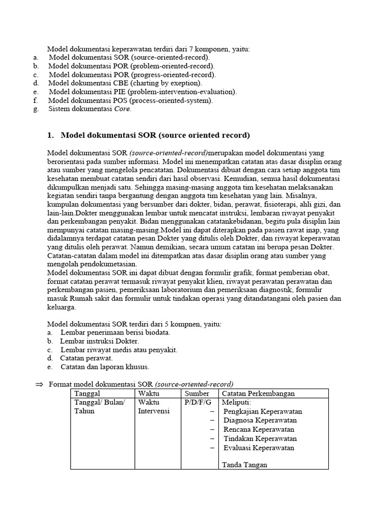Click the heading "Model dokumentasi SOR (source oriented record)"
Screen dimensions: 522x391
(155, 135)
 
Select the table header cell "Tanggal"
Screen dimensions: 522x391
(87, 394)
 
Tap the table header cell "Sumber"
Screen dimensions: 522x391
(197, 394)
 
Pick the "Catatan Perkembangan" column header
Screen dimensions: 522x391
(258, 394)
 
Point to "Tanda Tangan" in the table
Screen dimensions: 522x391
(245, 465)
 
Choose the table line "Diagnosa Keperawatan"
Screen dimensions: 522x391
(260, 421)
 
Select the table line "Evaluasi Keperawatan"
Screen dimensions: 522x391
(259, 448)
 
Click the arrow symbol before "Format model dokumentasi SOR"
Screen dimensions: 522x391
(40, 384)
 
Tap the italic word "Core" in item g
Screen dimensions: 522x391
(122, 109)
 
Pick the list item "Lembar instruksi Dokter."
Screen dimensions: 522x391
(100, 341)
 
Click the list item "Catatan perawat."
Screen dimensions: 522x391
(87, 358)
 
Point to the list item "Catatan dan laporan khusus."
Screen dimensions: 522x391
(105, 367)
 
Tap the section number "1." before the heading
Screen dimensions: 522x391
(50, 135)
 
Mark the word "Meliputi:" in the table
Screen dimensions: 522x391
(237, 403)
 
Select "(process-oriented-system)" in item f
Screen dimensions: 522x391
(171, 100)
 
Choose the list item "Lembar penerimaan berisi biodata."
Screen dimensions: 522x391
(115, 332)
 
